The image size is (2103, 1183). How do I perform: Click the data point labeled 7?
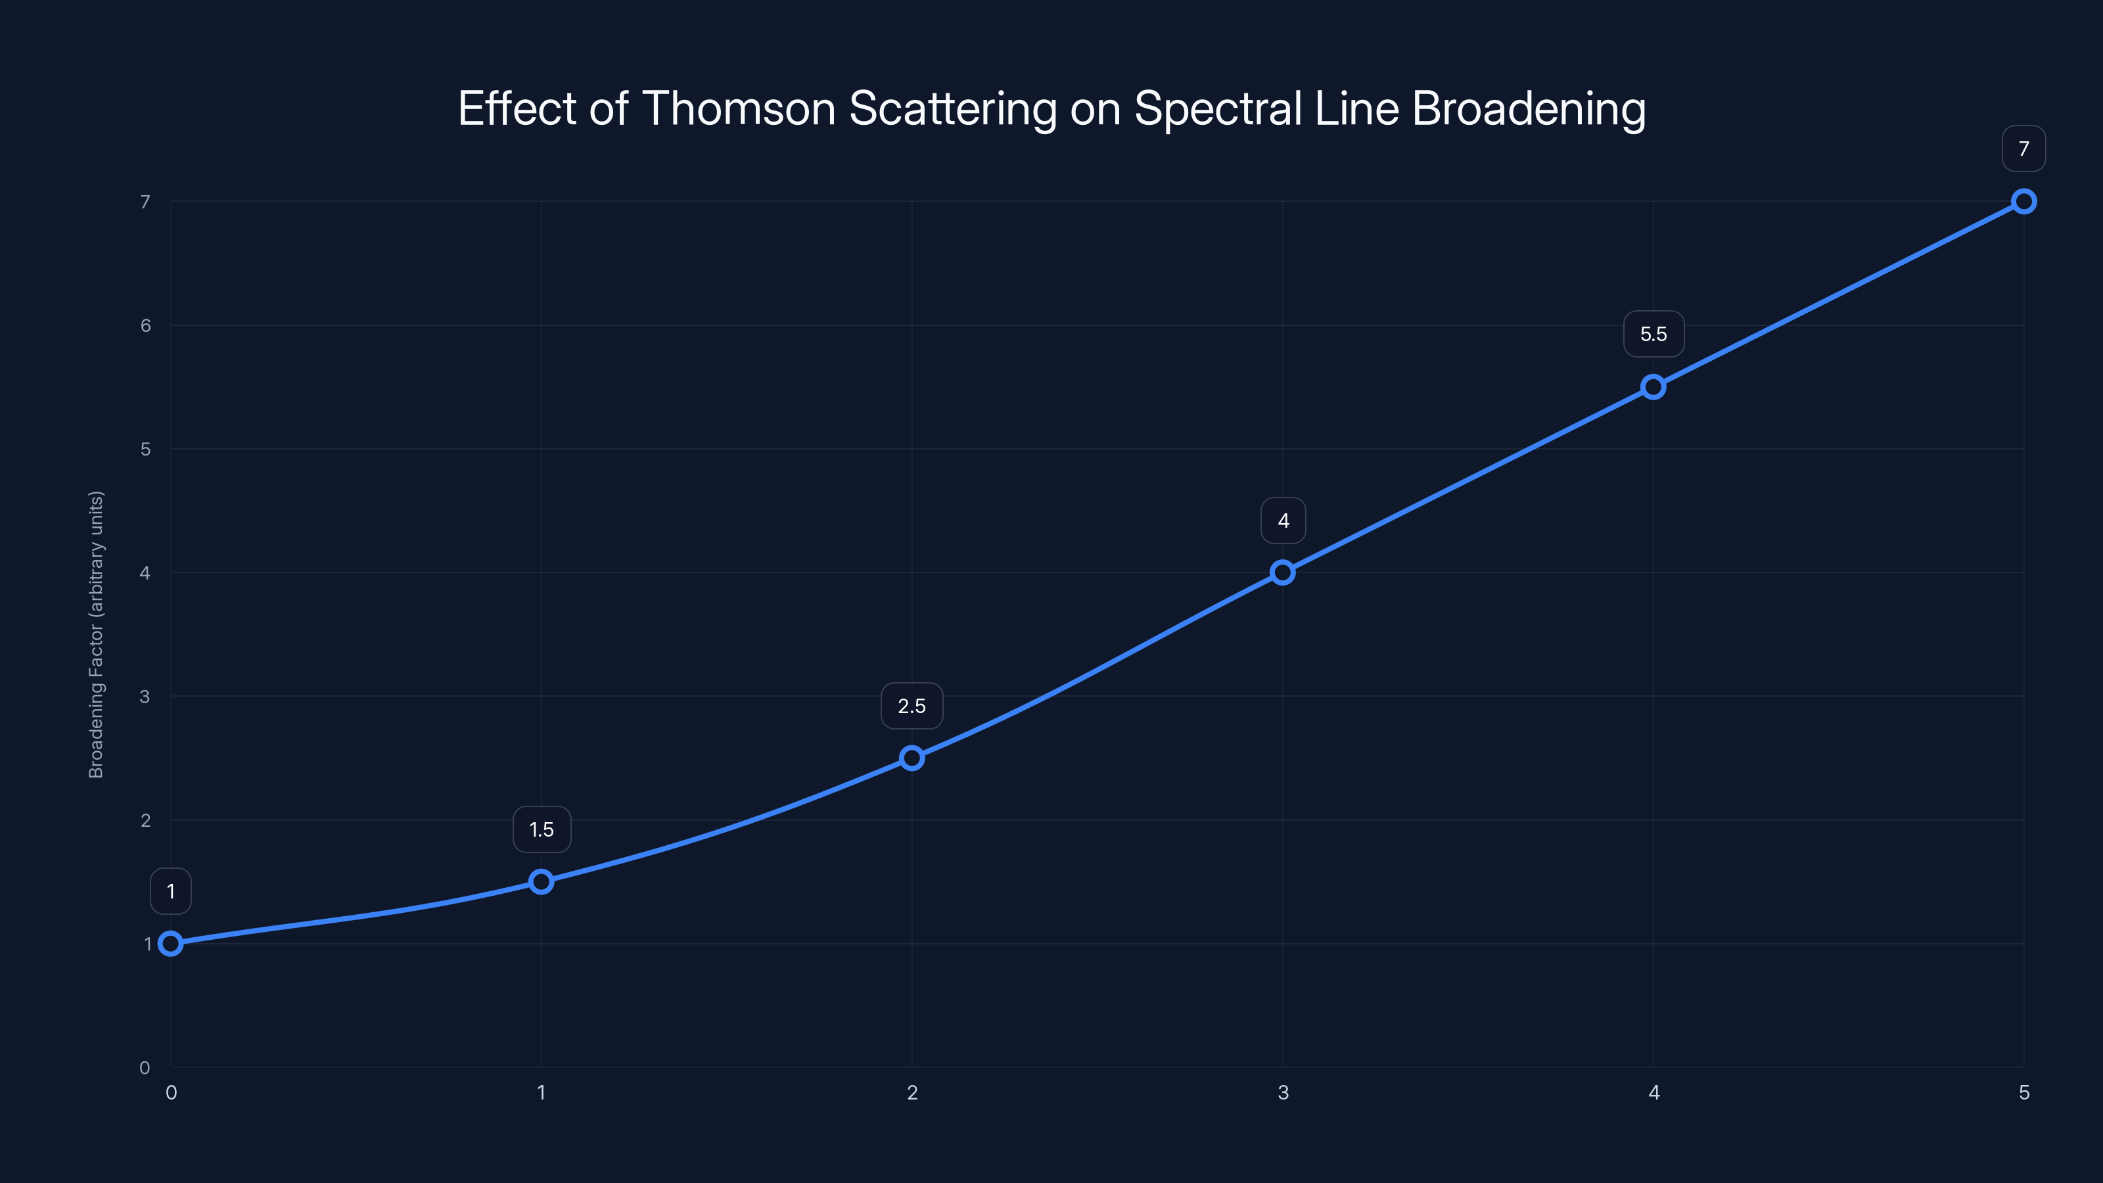click(x=2023, y=202)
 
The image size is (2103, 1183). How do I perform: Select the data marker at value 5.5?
click(x=1653, y=387)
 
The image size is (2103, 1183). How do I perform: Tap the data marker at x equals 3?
click(x=1283, y=572)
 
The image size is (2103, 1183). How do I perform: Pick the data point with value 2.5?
click(x=912, y=758)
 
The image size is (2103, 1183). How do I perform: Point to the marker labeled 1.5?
click(x=542, y=882)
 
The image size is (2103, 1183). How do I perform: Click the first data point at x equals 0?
click(x=171, y=944)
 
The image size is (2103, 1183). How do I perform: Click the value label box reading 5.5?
click(x=1653, y=334)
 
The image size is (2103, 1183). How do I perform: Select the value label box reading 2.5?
click(x=912, y=707)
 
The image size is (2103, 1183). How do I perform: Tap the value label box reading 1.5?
click(x=542, y=829)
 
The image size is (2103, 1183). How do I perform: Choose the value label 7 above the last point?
click(x=2023, y=149)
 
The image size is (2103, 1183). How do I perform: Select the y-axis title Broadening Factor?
click(x=97, y=634)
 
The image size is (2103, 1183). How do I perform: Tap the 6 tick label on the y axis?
click(x=145, y=326)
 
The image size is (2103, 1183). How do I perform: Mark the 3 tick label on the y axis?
click(x=145, y=697)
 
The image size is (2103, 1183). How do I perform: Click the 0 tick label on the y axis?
click(x=145, y=1068)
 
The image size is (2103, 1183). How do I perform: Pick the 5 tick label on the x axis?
click(x=2023, y=1092)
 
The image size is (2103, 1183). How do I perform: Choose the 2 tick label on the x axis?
click(x=912, y=1092)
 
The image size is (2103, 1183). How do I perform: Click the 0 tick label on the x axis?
click(x=171, y=1092)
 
